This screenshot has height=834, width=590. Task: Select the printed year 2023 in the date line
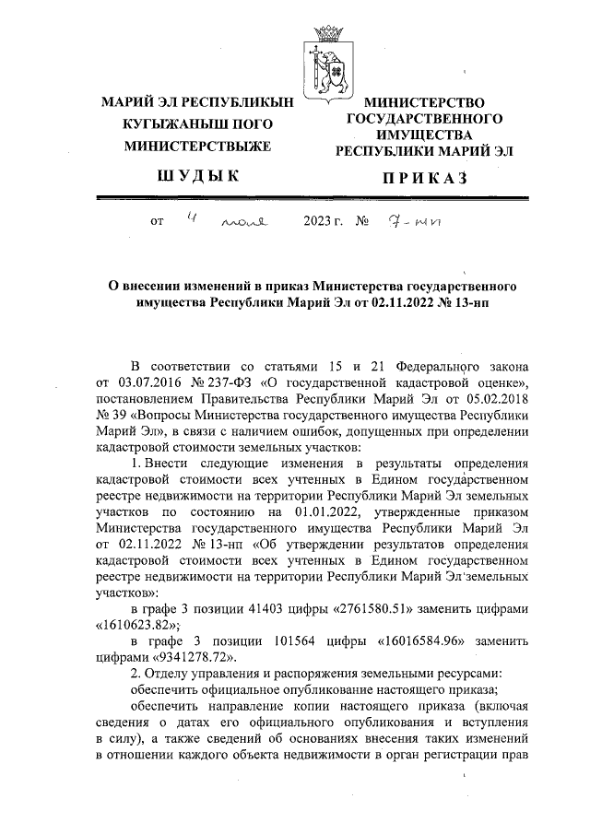tap(317, 222)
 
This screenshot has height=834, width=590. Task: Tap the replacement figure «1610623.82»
tap(137, 625)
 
